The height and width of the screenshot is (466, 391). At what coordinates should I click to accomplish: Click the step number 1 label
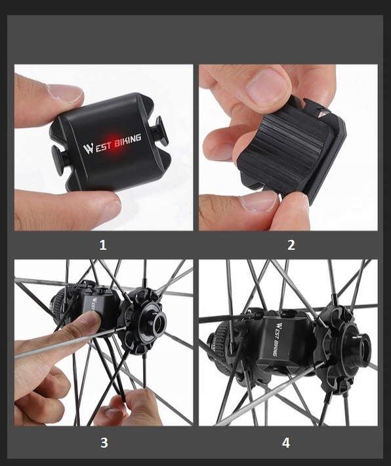[102, 245]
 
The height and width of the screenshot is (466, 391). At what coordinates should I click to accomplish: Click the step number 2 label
[291, 245]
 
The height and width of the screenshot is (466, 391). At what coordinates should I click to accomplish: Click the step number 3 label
[104, 443]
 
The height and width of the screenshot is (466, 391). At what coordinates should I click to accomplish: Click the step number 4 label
[285, 443]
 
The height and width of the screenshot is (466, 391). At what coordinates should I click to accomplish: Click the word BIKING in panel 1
[127, 141]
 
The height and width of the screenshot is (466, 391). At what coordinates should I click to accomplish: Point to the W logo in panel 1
[89, 149]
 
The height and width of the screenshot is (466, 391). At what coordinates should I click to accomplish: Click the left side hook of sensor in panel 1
[58, 158]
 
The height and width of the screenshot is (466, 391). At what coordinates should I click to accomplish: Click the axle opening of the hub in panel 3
[158, 320]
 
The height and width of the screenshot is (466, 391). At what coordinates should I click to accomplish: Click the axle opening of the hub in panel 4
[362, 342]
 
